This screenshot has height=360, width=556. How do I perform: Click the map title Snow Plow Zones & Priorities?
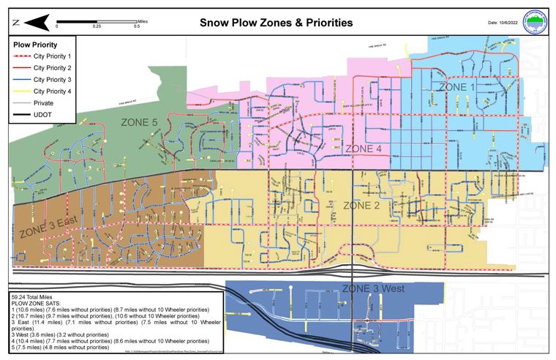(276, 23)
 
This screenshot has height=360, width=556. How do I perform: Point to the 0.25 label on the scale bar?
(97, 26)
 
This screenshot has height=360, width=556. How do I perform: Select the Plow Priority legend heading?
(37, 44)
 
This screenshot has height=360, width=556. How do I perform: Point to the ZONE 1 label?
(457, 86)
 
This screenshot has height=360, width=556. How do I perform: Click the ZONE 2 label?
(361, 206)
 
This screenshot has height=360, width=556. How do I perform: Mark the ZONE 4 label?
(364, 149)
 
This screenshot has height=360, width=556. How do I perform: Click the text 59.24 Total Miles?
(35, 298)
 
